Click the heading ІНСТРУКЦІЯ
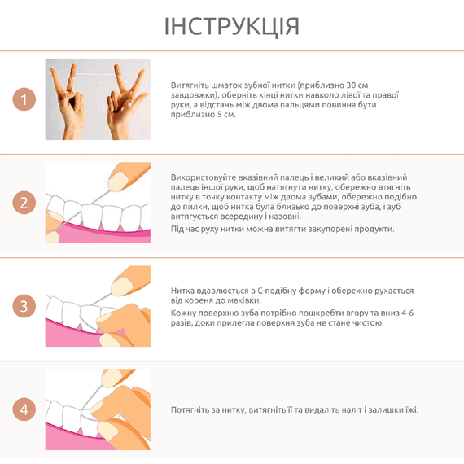pos(232,27)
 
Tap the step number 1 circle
pos(24,99)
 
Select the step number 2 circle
pos(24,203)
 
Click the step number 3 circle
pos(24,306)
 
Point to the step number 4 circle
pos(24,409)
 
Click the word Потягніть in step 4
pos(189,410)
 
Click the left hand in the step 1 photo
pos(68,102)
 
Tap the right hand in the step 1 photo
pos(125,103)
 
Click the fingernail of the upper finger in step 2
pos(117,181)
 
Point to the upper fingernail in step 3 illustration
pos(121,287)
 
